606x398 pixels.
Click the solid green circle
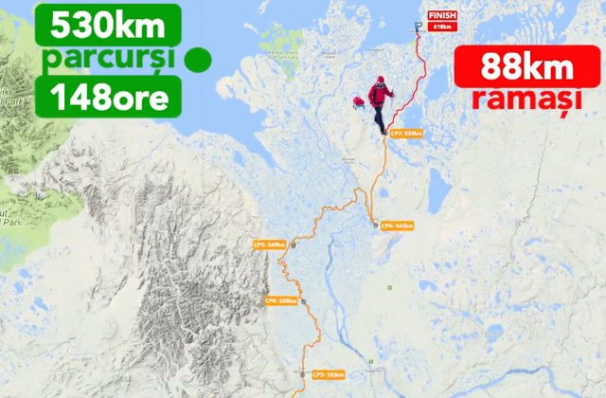[197, 60]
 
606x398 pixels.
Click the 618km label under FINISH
[442, 27]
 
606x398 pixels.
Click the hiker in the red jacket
[380, 102]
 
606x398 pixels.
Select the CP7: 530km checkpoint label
[405, 134]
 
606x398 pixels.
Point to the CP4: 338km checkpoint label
[281, 301]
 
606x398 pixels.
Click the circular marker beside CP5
[294, 245]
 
